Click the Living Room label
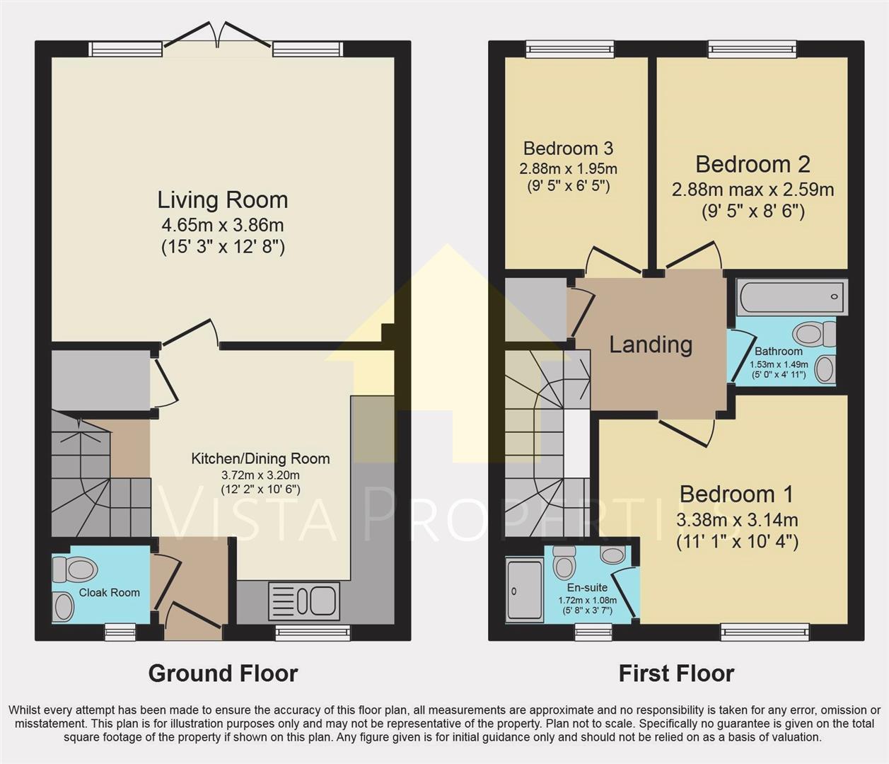[222, 200]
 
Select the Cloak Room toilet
[75, 569]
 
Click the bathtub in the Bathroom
[792, 297]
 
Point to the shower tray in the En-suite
[524, 590]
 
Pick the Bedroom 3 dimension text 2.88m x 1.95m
[568, 168]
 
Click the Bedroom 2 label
[753, 164]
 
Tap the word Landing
[651, 345]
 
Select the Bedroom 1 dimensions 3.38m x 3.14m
[737, 520]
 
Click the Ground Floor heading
[223, 673]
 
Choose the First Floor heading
[676, 673]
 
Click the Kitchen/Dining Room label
[260, 458]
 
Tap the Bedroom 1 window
[765, 632]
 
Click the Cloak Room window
[121, 632]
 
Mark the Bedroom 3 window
[570, 49]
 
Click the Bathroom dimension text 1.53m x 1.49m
[779, 364]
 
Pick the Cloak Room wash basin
[63, 606]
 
